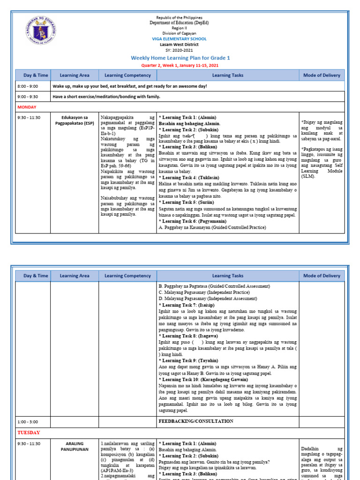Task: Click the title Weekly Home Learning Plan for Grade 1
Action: point(180,58)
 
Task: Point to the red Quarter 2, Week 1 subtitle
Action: point(180,66)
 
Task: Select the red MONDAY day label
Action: point(28,107)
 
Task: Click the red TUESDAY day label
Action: point(29,432)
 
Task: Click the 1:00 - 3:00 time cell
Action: point(28,421)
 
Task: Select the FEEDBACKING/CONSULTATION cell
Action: point(196,421)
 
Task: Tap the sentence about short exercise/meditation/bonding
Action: point(106,97)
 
